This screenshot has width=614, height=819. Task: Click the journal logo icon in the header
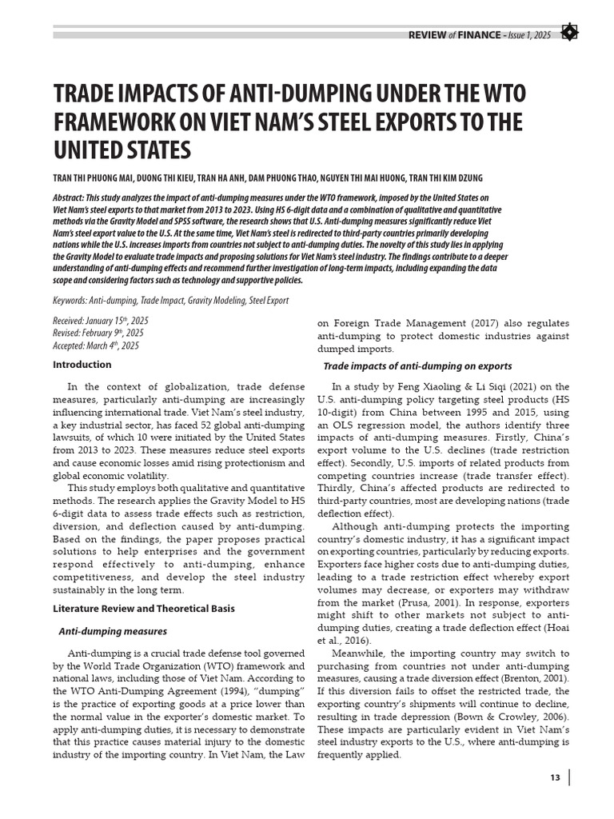click(569, 33)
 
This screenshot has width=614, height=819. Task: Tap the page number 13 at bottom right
click(556, 778)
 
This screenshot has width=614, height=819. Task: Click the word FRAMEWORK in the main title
click(115, 123)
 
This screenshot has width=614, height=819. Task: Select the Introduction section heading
click(82, 365)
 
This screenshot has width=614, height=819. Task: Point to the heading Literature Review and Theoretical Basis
click(144, 608)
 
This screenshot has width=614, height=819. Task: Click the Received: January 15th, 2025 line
click(101, 320)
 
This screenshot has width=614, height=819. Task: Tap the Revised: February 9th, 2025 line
click(98, 333)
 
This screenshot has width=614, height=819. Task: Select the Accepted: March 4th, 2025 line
click(95, 346)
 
